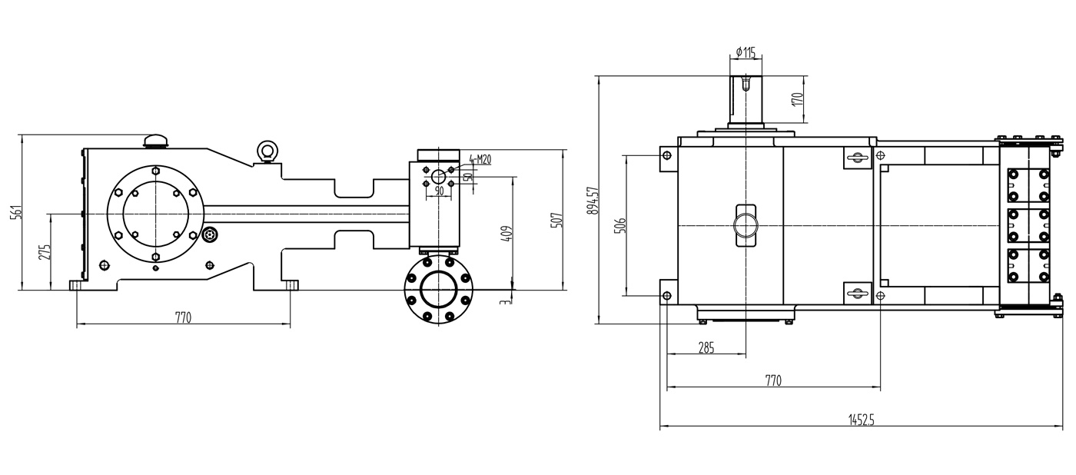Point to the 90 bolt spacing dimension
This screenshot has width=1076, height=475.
click(440, 191)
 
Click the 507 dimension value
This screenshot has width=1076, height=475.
click(558, 220)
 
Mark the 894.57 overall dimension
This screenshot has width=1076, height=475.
click(593, 201)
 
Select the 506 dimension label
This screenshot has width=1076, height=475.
click(621, 225)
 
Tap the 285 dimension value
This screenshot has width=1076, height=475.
click(706, 348)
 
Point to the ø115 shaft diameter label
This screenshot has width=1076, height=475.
click(746, 52)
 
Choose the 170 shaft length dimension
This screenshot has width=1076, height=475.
click(797, 99)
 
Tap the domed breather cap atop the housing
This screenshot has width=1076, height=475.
click(156, 140)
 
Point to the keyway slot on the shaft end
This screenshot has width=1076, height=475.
click(745, 83)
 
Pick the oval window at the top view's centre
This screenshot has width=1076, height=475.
click(746, 226)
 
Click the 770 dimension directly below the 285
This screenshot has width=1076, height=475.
click(772, 380)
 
